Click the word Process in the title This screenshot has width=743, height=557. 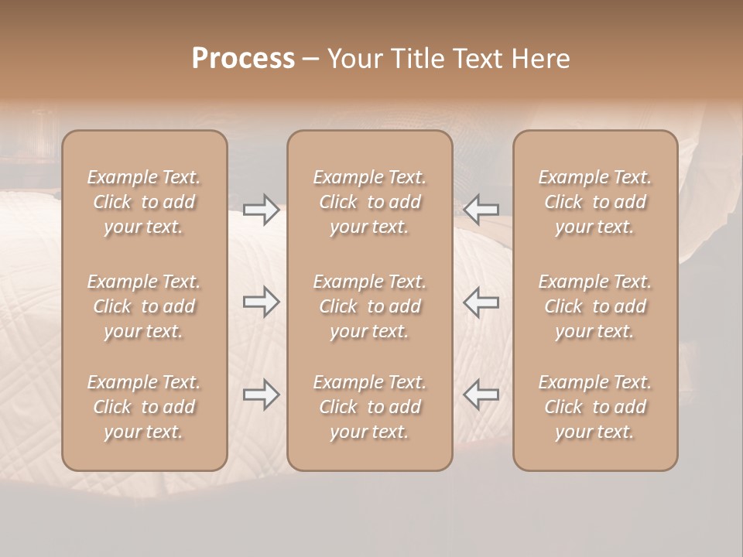243,59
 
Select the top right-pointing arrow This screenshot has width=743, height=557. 261,210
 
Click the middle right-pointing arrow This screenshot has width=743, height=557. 261,302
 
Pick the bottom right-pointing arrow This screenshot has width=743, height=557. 261,395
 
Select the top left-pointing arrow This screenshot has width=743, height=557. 481,210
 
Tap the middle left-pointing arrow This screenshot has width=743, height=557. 481,302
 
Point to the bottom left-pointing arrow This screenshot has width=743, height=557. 481,395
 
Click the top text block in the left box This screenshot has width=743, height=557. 144,202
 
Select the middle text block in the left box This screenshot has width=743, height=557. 144,306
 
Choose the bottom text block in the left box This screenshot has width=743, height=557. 144,407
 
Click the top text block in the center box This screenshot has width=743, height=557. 369,202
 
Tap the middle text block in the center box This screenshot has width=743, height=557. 369,306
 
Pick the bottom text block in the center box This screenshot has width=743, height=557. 369,407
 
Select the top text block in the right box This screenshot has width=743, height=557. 595,202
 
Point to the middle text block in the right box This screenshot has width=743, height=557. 595,306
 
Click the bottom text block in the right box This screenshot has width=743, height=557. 595,407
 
